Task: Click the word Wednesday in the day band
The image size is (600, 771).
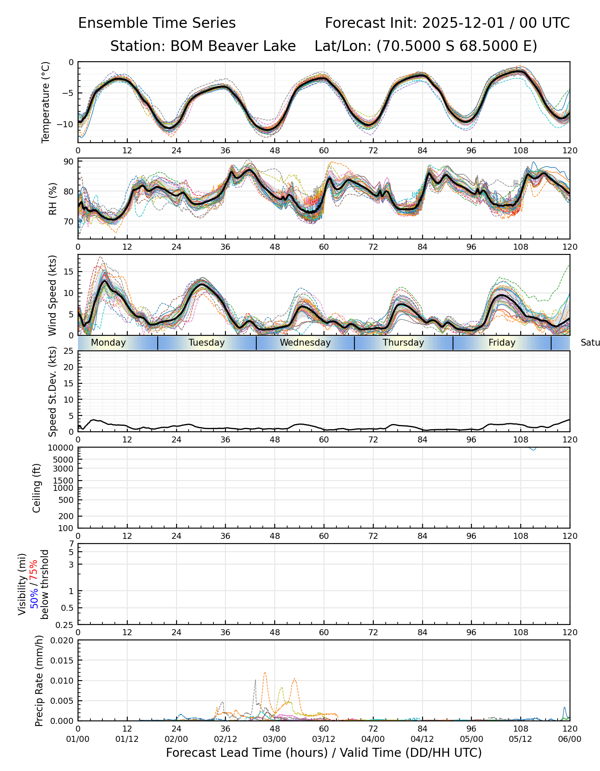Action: (305, 343)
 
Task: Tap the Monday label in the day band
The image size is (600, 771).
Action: (108, 343)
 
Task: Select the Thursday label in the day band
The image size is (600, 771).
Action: (403, 343)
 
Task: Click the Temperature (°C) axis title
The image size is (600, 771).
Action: (46, 102)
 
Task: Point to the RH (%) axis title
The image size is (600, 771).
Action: (53, 199)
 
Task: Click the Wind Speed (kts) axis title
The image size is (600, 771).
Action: (52, 295)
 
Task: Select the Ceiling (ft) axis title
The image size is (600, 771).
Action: (37, 488)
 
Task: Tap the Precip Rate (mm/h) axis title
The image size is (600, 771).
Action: (39, 681)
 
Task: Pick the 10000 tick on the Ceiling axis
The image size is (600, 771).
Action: (62, 448)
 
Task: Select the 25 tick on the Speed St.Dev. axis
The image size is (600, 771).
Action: (69, 351)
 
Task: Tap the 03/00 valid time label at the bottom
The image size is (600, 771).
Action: (274, 739)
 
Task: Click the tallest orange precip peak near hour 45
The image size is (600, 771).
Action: (265, 673)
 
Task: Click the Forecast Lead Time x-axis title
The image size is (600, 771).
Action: (324, 753)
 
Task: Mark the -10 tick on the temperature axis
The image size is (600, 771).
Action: (67, 124)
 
